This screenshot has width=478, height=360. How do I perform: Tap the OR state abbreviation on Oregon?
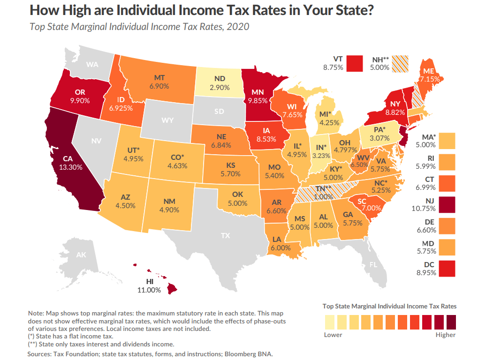(x=80, y=92)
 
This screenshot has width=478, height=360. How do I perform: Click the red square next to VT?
(x=356, y=63)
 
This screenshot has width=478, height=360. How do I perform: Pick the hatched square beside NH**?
(x=401, y=63)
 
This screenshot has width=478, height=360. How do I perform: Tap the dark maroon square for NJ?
(x=447, y=205)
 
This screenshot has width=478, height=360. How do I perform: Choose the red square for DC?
(x=447, y=268)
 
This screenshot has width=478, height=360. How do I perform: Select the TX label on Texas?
(x=226, y=236)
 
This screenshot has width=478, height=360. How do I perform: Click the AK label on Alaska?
(x=81, y=255)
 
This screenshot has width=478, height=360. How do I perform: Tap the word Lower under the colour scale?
(x=333, y=335)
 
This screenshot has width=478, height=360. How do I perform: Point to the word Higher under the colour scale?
(x=445, y=335)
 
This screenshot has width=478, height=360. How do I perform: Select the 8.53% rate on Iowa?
(x=266, y=139)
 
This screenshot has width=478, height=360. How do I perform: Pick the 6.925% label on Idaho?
(x=121, y=108)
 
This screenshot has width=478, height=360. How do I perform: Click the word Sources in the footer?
(x=40, y=354)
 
